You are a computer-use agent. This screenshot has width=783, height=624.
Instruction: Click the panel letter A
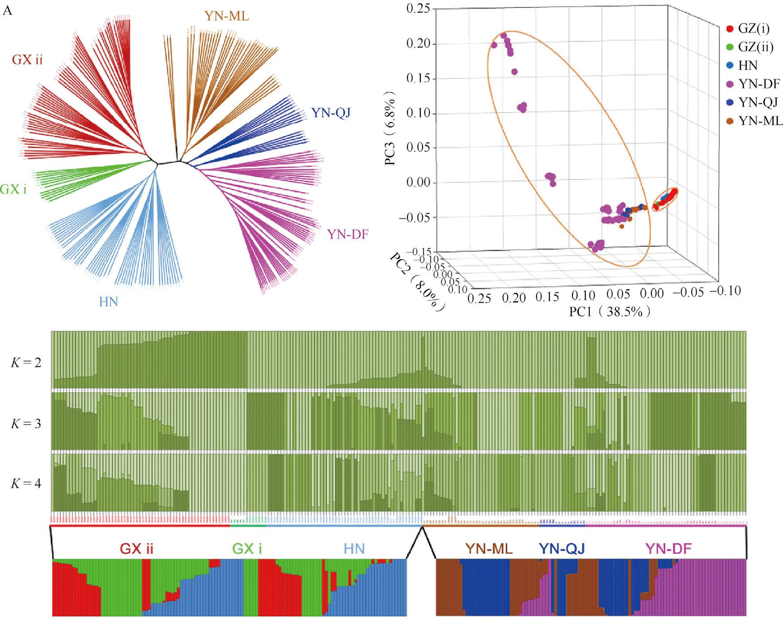click(8, 11)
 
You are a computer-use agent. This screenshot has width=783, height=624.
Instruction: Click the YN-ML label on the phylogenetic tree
click(227, 16)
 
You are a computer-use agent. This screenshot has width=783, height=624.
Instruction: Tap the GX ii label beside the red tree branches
click(27, 60)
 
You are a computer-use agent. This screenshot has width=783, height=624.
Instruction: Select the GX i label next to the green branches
click(13, 190)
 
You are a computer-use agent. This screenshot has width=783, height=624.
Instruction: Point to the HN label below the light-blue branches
click(108, 302)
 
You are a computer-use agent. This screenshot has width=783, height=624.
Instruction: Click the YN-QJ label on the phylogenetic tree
click(331, 113)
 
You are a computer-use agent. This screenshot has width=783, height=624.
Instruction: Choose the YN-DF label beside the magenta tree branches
click(348, 234)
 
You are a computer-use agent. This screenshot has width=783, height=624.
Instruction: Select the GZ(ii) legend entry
click(755, 47)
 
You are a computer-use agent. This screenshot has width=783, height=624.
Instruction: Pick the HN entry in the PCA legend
click(747, 66)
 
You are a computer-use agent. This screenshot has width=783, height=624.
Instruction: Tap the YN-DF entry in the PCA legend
click(758, 84)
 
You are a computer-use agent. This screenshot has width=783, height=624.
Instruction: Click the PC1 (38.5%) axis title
click(610, 312)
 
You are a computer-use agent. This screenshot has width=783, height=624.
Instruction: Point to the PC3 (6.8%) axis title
click(390, 128)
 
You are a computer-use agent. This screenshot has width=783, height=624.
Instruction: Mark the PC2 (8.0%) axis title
click(417, 281)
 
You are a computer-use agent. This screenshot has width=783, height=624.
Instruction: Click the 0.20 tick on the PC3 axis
click(418, 43)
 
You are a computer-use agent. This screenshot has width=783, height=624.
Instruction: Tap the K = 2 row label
click(26, 363)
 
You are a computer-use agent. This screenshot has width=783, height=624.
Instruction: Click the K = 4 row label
click(26, 483)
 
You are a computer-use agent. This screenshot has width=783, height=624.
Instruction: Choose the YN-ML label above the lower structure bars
click(489, 549)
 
